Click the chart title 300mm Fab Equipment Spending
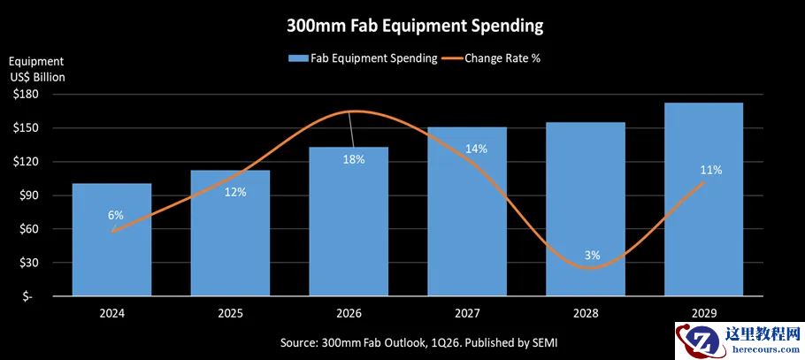point(415,26)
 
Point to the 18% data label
point(353,159)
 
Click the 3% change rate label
point(592,255)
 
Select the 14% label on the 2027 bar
point(476,149)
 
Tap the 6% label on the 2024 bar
point(116,215)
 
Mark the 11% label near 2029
point(711,170)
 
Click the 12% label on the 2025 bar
point(235,192)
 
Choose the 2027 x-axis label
point(469,313)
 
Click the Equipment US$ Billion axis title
point(37,69)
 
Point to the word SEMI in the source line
point(544,341)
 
